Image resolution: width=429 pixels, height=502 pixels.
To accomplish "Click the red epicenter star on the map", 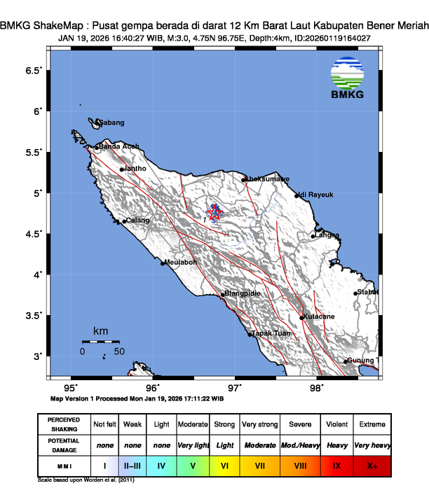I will (x=215, y=214).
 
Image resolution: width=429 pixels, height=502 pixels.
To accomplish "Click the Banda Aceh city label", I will (x=118, y=146).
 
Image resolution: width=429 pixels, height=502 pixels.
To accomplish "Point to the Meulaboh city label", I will (x=179, y=263).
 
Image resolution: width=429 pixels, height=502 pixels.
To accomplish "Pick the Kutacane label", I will (x=319, y=317).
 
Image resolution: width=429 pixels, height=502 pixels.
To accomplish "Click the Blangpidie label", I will (x=243, y=295).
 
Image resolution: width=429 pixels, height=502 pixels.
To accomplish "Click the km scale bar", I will (x=101, y=341).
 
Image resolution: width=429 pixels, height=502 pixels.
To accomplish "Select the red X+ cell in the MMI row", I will (x=372, y=464).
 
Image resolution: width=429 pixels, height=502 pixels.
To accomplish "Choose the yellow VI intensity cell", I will (x=224, y=464).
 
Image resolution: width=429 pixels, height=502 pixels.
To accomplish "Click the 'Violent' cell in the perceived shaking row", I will (x=336, y=424).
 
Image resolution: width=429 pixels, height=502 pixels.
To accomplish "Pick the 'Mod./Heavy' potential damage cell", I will (x=299, y=445).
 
